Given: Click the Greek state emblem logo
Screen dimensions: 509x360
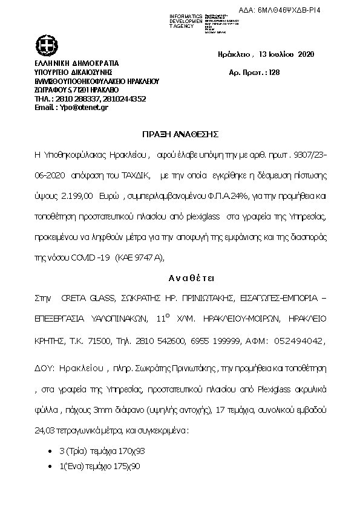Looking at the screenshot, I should pos(45,45).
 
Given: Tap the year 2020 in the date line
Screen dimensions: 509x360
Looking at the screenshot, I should pos(304,54).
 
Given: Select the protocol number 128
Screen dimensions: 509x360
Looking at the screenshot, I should pos(273,72).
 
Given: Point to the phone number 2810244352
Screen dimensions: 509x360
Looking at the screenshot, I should pos(125,99).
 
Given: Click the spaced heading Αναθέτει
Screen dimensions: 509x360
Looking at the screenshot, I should pos(181,278).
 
